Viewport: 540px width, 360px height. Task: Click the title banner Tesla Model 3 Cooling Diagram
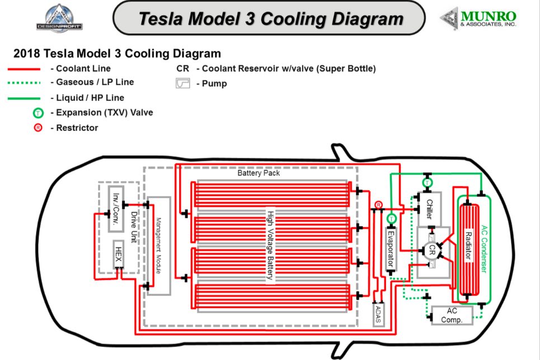[x=270, y=18]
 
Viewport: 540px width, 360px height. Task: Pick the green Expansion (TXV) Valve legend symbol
[x=37, y=113]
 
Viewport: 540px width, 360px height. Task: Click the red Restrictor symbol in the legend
[x=37, y=128]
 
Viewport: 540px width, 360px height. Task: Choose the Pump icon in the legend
[x=183, y=84]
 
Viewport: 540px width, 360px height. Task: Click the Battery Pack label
[x=259, y=173]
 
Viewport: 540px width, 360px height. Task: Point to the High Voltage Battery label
[x=270, y=245]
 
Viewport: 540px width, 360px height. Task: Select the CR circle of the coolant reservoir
[x=432, y=251]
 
